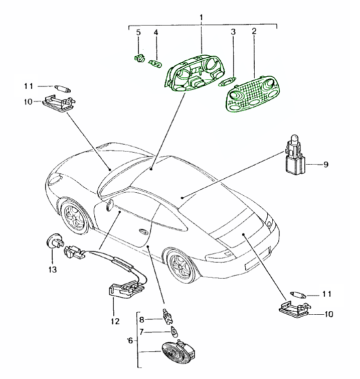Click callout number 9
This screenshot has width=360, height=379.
pyautogui.click(x=326, y=164)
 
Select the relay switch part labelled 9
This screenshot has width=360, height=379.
pyautogui.click(x=294, y=156)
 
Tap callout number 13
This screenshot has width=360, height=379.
pyautogui.click(x=52, y=269)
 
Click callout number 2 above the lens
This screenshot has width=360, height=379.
pyautogui.click(x=254, y=31)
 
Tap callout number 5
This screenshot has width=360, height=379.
pyautogui.click(x=138, y=33)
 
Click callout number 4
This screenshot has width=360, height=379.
pyautogui.click(x=156, y=33)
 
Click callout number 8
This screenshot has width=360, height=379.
pyautogui.click(x=142, y=319)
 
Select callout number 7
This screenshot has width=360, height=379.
pyautogui.click(x=142, y=331)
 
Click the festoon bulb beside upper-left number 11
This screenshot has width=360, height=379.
pyautogui.click(x=62, y=88)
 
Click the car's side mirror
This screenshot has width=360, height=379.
pyautogui.click(x=108, y=206)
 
